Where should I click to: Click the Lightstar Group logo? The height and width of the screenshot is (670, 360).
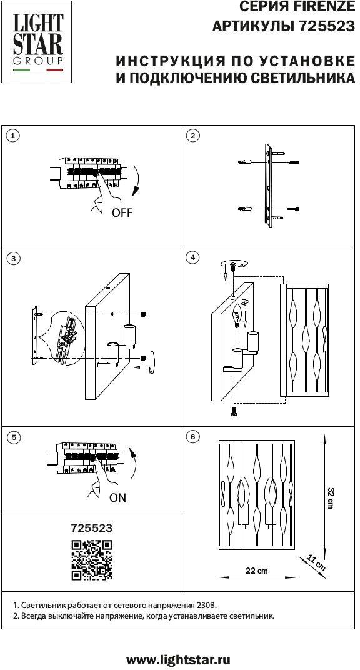pyautogui.click(x=37, y=42)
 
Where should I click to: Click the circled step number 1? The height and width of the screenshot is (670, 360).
pyautogui.click(x=13, y=136)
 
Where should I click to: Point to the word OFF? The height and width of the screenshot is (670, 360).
pyautogui.click(x=122, y=212)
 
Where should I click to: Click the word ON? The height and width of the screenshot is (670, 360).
pyautogui.click(x=118, y=497)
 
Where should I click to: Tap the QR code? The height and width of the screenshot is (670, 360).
pyautogui.click(x=92, y=560)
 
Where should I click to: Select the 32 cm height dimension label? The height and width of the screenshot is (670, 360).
pyautogui.click(x=329, y=497)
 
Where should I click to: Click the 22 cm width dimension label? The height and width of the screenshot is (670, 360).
pyautogui.click(x=257, y=571)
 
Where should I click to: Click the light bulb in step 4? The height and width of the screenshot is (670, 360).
pyautogui.click(x=238, y=317)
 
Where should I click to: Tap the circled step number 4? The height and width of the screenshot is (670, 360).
pyautogui.click(x=194, y=257)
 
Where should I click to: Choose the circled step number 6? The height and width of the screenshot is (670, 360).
pyautogui.click(x=194, y=437)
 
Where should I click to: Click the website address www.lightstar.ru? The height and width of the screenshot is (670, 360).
pyautogui.click(x=179, y=659)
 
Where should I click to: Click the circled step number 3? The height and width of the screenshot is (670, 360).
pyautogui.click(x=14, y=259)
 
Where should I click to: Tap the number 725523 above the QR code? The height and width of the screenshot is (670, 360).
pyautogui.click(x=92, y=528)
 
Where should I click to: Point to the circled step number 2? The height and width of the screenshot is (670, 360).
pyautogui.click(x=194, y=136)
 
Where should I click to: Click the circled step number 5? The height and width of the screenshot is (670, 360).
pyautogui.click(x=14, y=437)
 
